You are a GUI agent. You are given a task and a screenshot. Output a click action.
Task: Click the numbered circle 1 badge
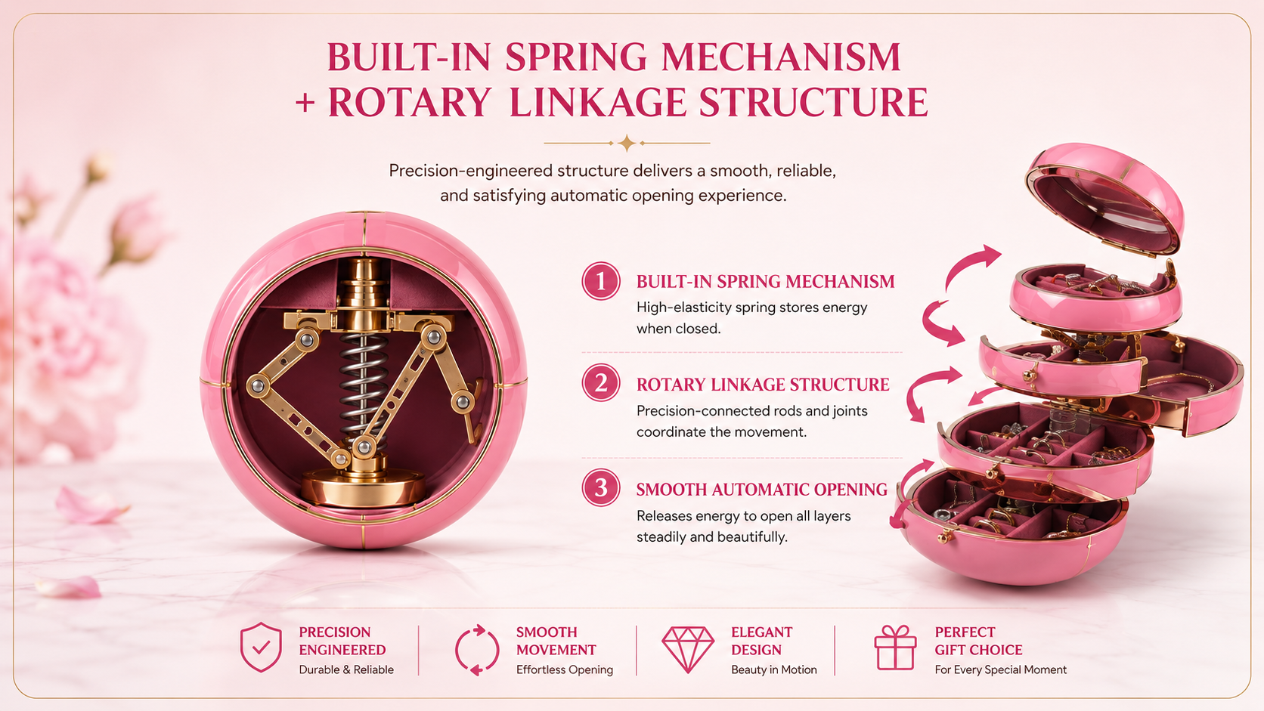[601, 281]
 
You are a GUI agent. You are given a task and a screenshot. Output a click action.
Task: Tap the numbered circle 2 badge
[601, 383]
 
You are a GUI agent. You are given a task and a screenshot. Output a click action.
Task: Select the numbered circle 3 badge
[601, 487]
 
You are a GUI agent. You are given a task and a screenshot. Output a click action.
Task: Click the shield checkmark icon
[261, 648]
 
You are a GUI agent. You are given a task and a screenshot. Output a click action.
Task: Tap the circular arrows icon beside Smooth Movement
[477, 650]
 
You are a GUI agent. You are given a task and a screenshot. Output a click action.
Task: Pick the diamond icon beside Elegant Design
[688, 649]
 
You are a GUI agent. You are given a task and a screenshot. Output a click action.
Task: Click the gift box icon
[895, 648]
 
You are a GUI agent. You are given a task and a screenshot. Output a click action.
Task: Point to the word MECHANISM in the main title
[781, 57]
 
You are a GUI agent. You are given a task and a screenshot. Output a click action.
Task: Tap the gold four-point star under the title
[627, 144]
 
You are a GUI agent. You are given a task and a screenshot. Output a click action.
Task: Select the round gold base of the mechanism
[363, 487]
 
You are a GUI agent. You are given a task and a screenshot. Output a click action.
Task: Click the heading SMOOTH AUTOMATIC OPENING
[762, 490]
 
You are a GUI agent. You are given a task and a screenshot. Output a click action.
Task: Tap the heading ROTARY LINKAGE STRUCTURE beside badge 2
[763, 385]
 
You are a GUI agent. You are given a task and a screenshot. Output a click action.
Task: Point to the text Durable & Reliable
[346, 670]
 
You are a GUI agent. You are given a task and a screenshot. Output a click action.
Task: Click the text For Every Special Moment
[1000, 670]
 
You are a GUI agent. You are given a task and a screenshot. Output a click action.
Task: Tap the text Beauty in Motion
[774, 670]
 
